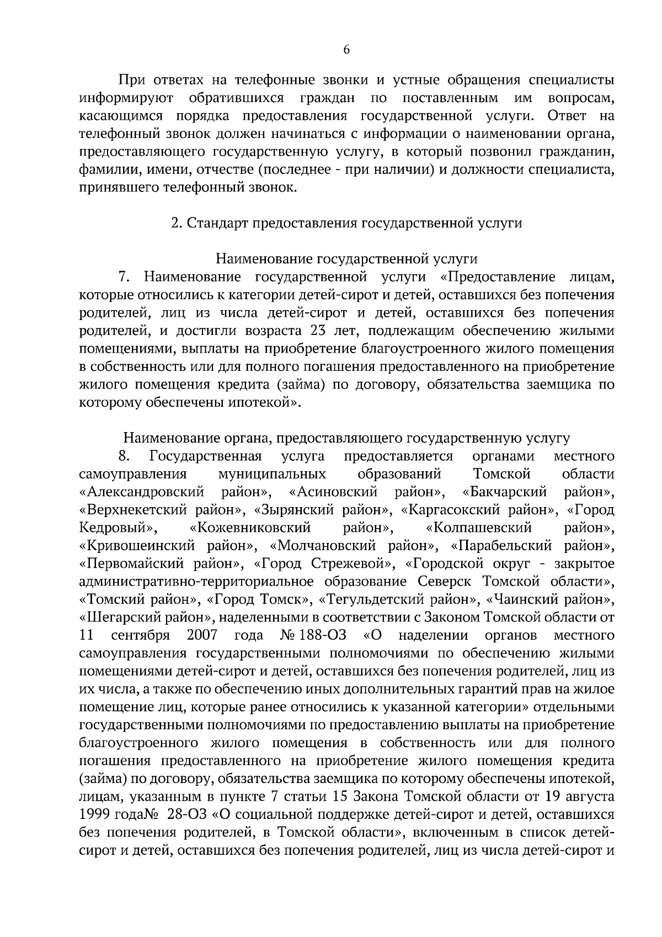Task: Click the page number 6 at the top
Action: [346, 50]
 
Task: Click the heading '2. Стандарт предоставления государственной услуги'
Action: [346, 223]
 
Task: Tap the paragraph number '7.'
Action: [124, 276]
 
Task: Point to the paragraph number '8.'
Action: [124, 456]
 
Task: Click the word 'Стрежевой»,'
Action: [353, 563]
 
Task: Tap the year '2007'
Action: [202, 635]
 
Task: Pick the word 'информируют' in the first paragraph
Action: [127, 98]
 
